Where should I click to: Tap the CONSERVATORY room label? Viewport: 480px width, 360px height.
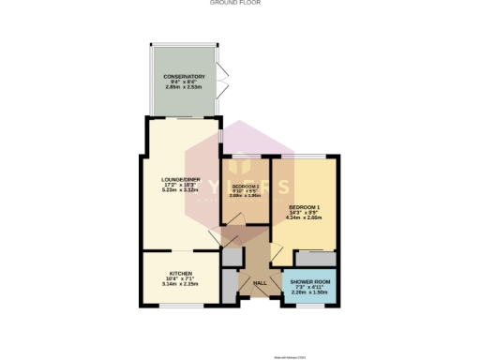click(185, 76)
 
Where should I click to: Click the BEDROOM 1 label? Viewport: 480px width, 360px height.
click(305, 206)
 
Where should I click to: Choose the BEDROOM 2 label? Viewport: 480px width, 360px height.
click(245, 187)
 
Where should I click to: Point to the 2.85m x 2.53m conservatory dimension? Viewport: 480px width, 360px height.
click(185, 86)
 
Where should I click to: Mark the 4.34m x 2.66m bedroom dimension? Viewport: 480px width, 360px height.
click(305, 217)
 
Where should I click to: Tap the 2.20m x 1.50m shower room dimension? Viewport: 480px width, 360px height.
click(309, 292)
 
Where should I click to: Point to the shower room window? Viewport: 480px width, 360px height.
click(309, 306)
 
